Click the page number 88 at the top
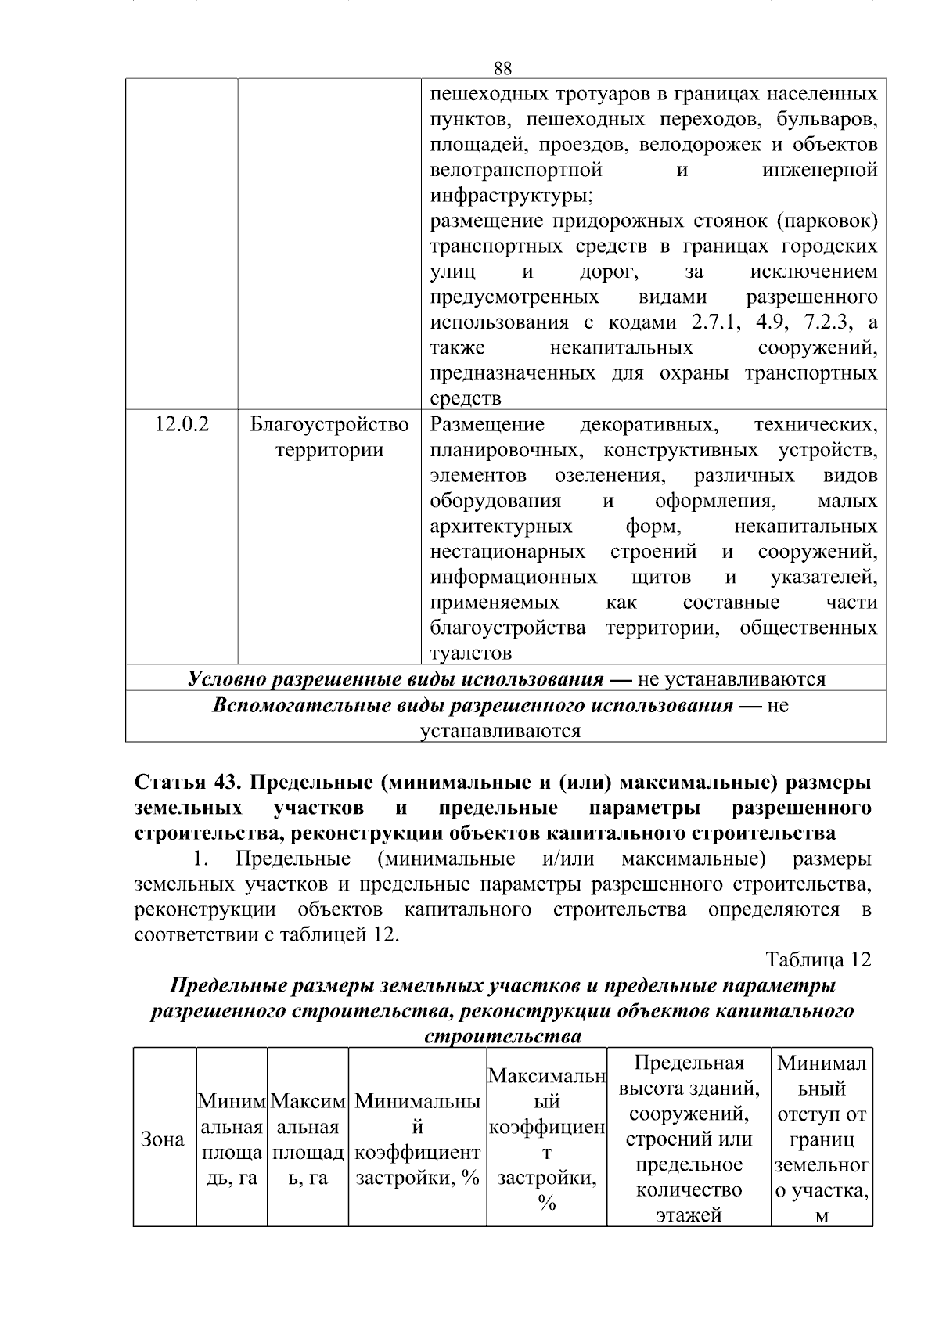(503, 68)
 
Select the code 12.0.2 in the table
(182, 425)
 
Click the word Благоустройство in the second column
(329, 425)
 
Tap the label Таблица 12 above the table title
(818, 959)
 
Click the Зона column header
(163, 1140)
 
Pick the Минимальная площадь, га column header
(232, 1140)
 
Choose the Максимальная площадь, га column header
(308, 1140)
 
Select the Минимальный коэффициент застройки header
(418, 1140)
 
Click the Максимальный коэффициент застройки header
(547, 1140)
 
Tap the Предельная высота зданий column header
(689, 1140)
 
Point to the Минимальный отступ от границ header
(822, 1140)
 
